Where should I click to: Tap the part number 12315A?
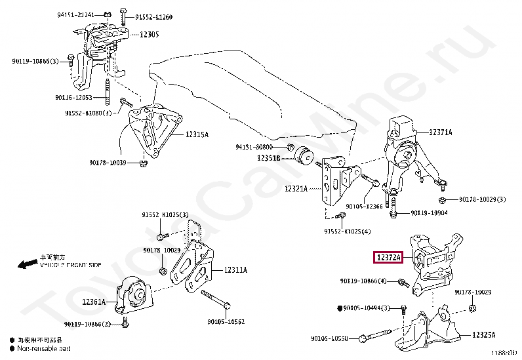tap(197, 134)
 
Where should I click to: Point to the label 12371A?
tap(440, 132)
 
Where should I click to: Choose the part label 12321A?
tap(296, 188)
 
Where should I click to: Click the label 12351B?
tap(269, 158)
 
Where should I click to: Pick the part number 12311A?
tap(235, 269)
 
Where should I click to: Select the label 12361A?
tap(94, 302)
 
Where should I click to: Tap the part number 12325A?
tap(483, 335)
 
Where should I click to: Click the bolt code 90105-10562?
tap(226, 321)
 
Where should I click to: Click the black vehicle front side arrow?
tap(28, 264)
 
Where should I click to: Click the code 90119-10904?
tap(430, 212)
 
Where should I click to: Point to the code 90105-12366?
tap(365, 207)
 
